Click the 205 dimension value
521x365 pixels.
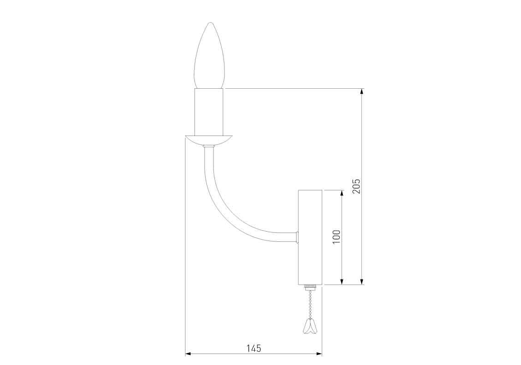pos(356,186)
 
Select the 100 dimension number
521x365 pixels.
pos(336,237)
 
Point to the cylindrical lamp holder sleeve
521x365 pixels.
pos(209,112)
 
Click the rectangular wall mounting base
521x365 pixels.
pos(310,237)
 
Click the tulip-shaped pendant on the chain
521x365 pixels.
pos(308,327)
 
